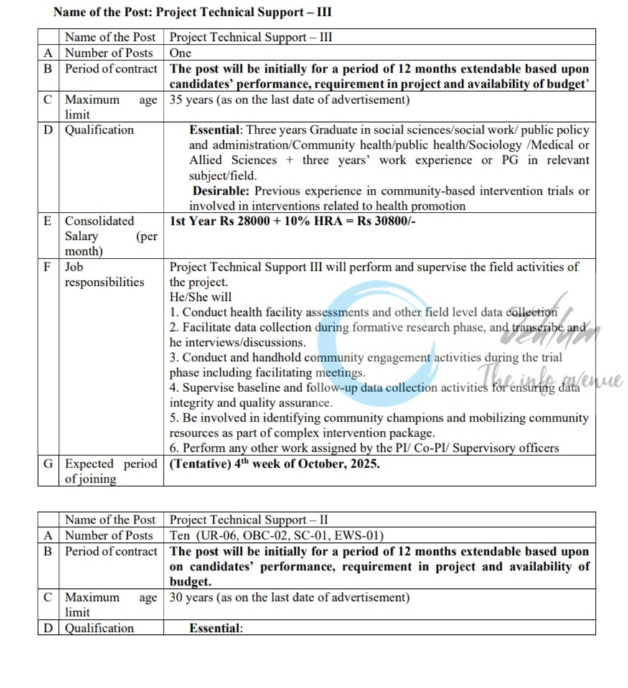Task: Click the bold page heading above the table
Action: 193,12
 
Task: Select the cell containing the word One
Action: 180,53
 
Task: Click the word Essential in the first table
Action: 216,130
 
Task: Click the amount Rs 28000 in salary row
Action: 244,221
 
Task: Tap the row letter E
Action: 47,221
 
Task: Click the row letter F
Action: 47,266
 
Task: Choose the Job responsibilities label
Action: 104,274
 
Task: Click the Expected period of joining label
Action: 110,471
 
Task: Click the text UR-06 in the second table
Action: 212,536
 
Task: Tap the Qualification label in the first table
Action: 99,130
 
